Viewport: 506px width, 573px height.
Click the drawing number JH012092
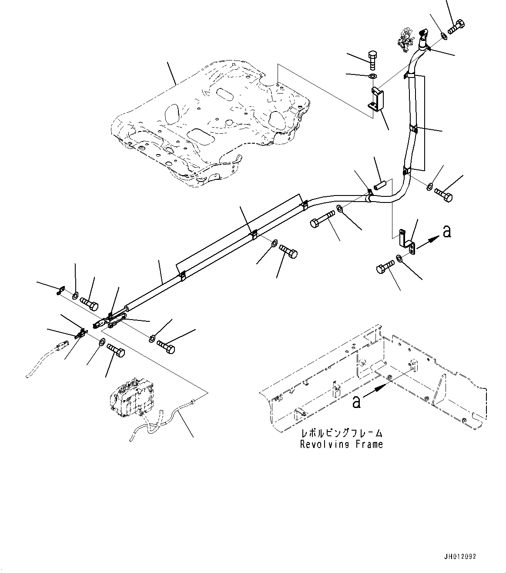(460, 557)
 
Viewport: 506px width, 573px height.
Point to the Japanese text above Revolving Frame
(342, 433)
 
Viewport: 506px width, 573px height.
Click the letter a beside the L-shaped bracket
(447, 232)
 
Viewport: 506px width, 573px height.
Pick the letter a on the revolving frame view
(356, 401)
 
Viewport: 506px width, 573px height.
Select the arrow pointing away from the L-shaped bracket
(428, 243)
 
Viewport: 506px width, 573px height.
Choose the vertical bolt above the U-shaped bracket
(373, 60)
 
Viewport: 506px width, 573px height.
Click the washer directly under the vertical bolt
(373, 76)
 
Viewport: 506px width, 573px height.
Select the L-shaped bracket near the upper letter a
(407, 242)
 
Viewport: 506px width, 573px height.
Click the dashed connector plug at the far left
(62, 345)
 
